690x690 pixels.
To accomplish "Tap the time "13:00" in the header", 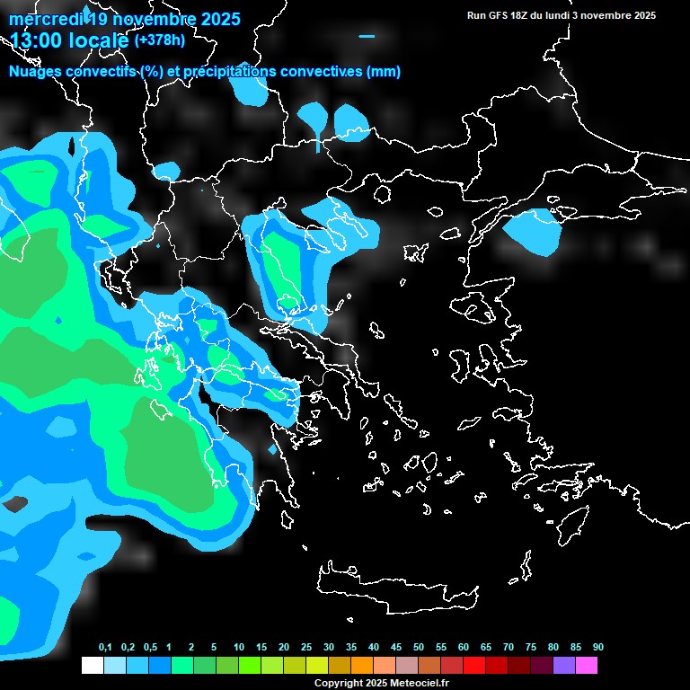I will [37, 40].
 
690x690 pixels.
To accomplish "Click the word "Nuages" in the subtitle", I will [36, 72].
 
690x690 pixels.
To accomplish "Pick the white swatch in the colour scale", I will [92, 666].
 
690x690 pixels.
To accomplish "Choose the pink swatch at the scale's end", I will [587, 666].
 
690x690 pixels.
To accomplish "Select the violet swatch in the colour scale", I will [564, 666].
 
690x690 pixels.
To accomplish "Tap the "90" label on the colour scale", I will [597, 648].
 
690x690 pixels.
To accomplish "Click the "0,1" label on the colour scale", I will [105, 648].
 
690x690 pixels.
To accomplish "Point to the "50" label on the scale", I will [419, 648].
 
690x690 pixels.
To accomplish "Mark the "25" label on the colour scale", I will [306, 648].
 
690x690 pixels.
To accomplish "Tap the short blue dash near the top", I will [367, 36].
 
